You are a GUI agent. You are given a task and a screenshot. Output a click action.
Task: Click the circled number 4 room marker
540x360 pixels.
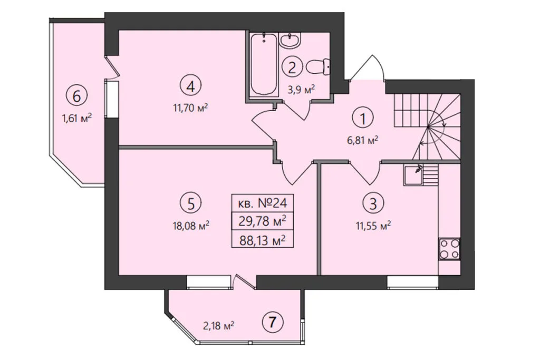[x=190, y=86]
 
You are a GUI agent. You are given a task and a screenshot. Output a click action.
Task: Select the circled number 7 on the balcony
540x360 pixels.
[x=273, y=323]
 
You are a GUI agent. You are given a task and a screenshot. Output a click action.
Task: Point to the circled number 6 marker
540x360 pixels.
[x=77, y=96]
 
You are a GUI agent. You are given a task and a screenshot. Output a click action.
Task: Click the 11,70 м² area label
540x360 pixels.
[x=190, y=108]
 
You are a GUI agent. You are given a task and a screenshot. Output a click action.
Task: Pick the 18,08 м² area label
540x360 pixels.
[x=191, y=226]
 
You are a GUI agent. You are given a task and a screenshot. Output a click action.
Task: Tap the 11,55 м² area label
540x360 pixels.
[x=373, y=226]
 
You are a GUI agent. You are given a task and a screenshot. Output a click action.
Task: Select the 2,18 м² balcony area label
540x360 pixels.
[x=219, y=325]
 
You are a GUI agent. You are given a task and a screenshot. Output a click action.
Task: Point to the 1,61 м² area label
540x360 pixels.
[x=76, y=119]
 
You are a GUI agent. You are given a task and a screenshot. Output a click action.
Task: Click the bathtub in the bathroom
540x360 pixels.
[x=264, y=64]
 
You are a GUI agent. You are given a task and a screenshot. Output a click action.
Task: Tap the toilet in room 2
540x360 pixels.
[x=317, y=67]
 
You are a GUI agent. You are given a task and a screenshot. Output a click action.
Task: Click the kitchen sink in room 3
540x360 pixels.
[x=413, y=175]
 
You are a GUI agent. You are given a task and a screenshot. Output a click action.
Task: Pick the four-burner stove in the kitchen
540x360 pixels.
[x=450, y=249]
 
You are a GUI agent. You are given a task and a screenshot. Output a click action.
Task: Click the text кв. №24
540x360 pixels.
[x=263, y=203]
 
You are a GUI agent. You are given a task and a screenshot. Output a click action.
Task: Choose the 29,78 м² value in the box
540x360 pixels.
[x=263, y=221]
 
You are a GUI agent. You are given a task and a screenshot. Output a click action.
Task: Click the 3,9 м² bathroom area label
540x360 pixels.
[x=301, y=90]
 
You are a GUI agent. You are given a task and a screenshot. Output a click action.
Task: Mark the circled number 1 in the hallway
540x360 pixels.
[x=362, y=118]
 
